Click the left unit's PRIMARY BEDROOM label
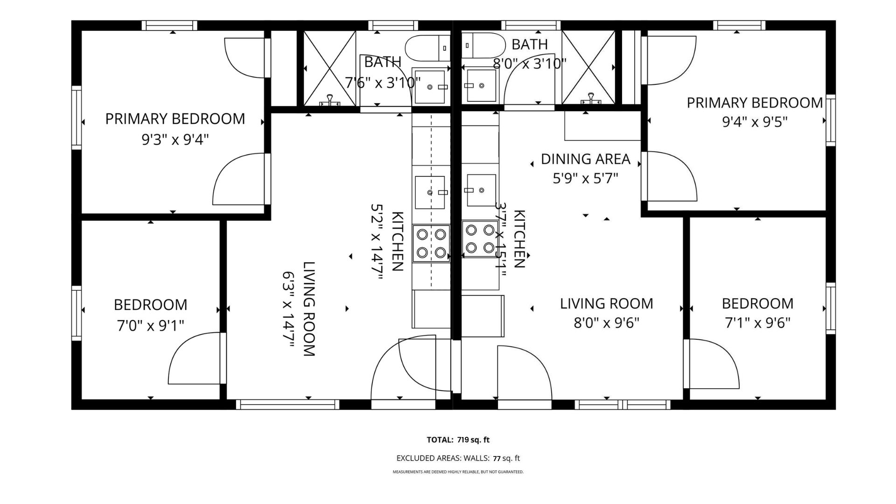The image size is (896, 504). pyautogui.click(x=175, y=119)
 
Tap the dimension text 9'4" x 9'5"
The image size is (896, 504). pyautogui.click(x=755, y=122)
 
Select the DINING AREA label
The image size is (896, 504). pyautogui.click(x=585, y=159)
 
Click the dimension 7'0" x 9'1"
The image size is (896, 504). pyautogui.click(x=150, y=325)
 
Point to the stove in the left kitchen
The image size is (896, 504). pyautogui.click(x=431, y=243)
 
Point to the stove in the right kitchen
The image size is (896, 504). pyautogui.click(x=480, y=238)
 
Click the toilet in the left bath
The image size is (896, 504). pyautogui.click(x=427, y=48)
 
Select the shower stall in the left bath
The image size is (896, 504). pyautogui.click(x=329, y=68)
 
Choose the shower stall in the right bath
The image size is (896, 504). pyautogui.click(x=588, y=68)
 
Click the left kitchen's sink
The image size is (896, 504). pyautogui.click(x=430, y=192)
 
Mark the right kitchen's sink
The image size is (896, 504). pyautogui.click(x=481, y=190)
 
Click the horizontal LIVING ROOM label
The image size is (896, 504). pyautogui.click(x=606, y=304)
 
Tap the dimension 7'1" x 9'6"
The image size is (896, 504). pyautogui.click(x=757, y=323)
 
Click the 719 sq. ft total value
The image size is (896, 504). pyautogui.click(x=474, y=440)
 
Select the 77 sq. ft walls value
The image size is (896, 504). pyautogui.click(x=506, y=458)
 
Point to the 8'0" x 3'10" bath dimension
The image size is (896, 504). pyautogui.click(x=530, y=63)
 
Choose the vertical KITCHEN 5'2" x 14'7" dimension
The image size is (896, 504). pyautogui.click(x=376, y=241)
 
